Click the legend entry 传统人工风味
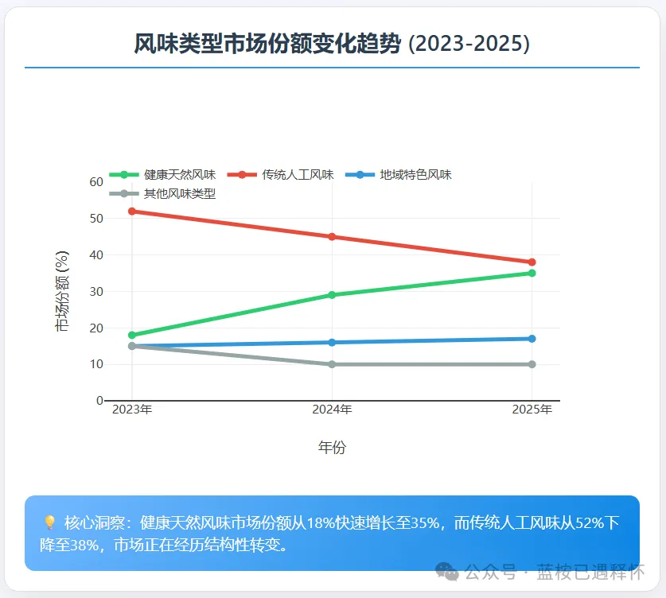coord(298,175)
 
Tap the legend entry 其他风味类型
coord(179,193)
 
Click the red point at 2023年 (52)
coord(132,212)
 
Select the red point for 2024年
coord(332,237)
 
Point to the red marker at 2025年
coord(532,262)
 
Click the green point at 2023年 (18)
coord(132,336)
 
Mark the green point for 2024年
coord(332,295)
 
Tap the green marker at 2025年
coord(532,273)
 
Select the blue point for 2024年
coord(332,343)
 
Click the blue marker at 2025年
coord(532,339)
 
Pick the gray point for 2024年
coord(332,364)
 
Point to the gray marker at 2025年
coord(532,364)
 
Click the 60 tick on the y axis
coord(96,182)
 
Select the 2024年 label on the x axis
coord(332,410)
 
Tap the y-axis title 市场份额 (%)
coord(62,291)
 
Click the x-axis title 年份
coord(332,448)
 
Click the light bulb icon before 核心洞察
coord(49,523)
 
